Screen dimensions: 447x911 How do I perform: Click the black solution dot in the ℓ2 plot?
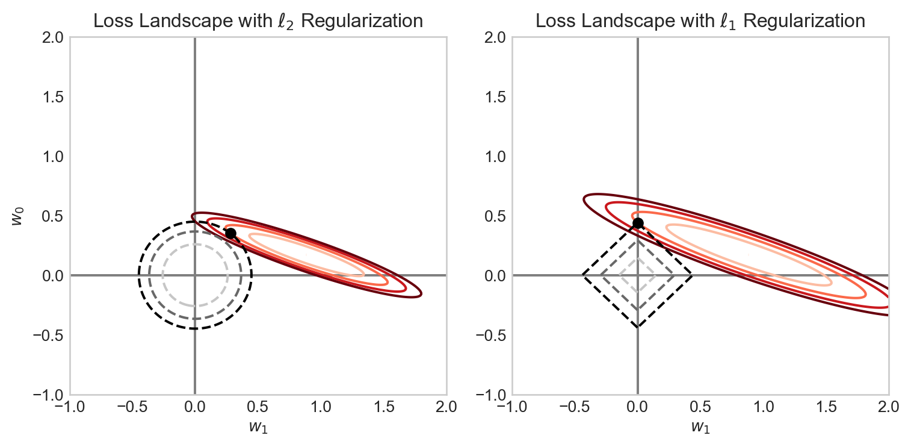(x=230, y=233)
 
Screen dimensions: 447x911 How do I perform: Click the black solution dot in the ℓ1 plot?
(x=638, y=223)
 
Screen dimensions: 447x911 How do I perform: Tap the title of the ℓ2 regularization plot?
(x=258, y=21)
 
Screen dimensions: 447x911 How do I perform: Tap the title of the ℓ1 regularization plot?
(x=700, y=21)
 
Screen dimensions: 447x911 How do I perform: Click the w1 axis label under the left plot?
(x=258, y=427)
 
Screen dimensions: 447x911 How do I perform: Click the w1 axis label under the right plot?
(x=700, y=427)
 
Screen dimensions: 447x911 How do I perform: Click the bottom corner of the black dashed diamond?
(x=637, y=327)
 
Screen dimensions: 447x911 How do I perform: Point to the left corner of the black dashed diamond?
(x=582, y=275)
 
